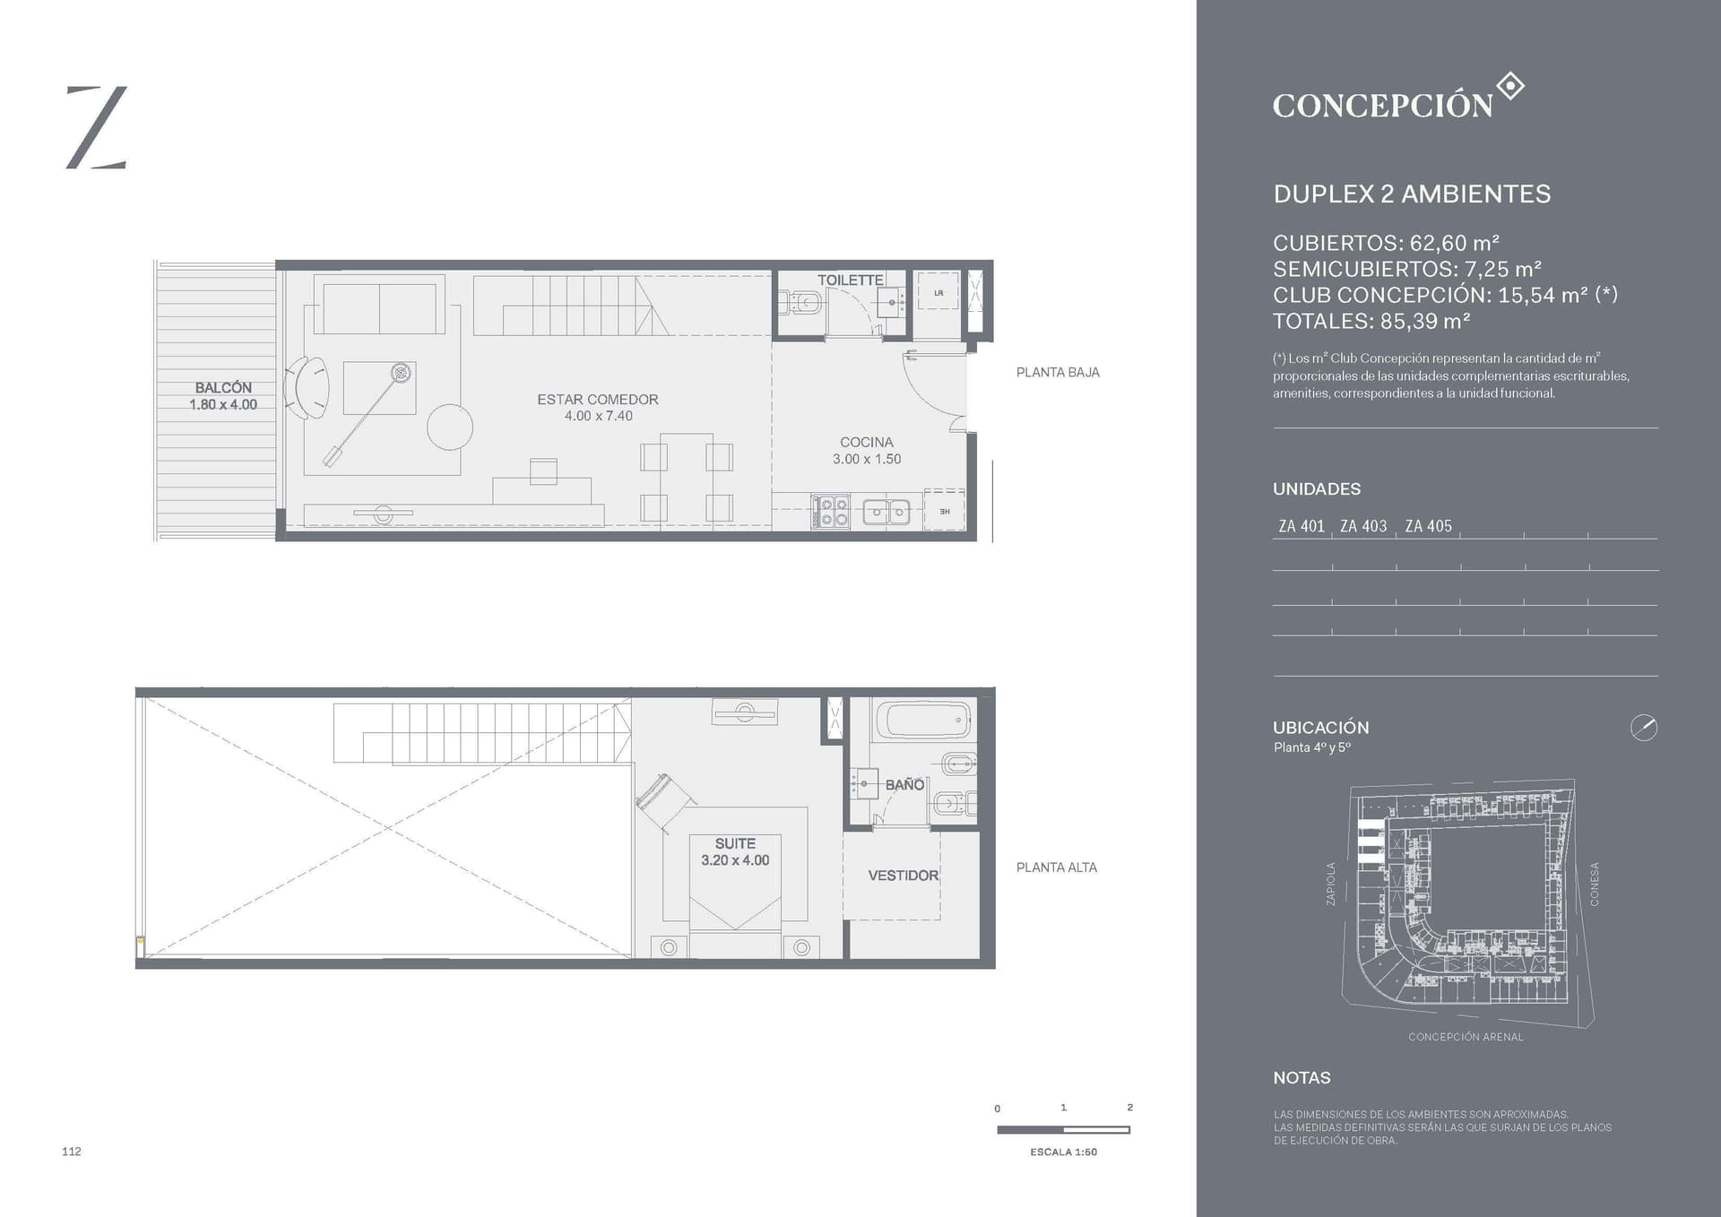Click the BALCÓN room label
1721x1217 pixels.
(223, 388)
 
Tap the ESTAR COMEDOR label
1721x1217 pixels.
(598, 400)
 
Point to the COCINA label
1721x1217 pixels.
(867, 443)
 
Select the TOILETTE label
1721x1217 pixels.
(850, 281)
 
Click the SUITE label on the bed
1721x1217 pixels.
(735, 844)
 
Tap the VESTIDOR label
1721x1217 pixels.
(904, 876)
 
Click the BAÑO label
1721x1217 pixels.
(904, 785)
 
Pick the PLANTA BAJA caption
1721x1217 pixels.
(1058, 373)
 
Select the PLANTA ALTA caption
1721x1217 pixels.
(1057, 867)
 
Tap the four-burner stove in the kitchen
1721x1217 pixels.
(831, 512)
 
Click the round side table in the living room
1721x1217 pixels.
(450, 427)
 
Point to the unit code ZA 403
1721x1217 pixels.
(1363, 527)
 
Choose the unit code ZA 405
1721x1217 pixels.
(1428, 527)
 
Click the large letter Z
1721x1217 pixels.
(97, 127)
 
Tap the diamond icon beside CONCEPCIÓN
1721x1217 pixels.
(1510, 87)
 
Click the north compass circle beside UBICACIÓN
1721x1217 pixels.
(1644, 728)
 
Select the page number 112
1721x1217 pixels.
(72, 1152)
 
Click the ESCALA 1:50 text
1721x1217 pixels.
(1063, 1152)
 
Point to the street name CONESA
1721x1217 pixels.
(1595, 885)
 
